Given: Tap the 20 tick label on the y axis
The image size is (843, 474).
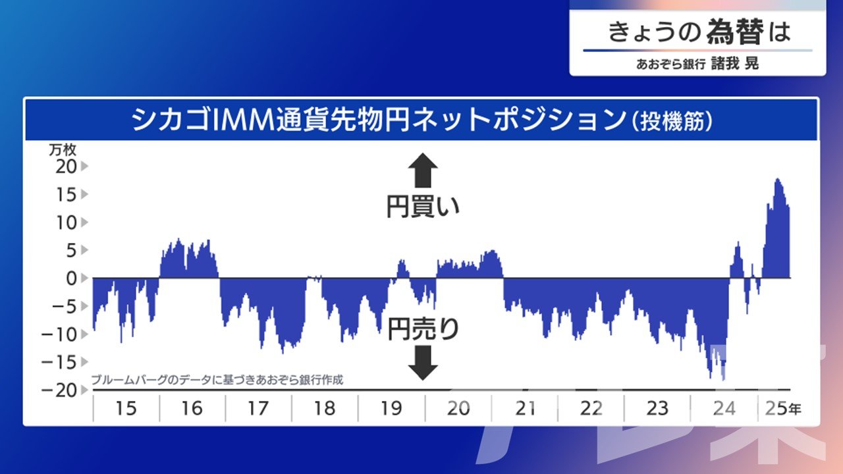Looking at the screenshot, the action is click(67, 167).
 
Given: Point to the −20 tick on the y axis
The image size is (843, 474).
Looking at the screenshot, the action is click(59, 390).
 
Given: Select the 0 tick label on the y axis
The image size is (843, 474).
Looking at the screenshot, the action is click(72, 278).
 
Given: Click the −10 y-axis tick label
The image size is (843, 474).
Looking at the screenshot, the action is click(59, 334).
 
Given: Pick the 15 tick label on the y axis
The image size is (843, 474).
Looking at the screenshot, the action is click(67, 194).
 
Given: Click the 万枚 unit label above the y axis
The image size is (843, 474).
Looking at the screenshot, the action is click(63, 149).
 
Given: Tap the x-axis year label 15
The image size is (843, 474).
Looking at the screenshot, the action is click(126, 408).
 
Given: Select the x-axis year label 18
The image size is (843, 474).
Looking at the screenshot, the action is click(325, 408).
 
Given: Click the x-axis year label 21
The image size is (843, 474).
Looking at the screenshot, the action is click(525, 408).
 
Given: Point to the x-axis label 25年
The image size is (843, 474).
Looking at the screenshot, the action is click(783, 408).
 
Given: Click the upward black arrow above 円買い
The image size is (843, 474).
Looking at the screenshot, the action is click(423, 170).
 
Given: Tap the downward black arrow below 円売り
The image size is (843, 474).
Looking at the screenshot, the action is click(423, 363).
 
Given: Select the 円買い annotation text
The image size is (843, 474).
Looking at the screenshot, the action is click(423, 207).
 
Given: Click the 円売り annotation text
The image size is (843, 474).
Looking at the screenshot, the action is click(423, 329).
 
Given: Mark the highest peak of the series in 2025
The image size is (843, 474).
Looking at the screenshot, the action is click(778, 179).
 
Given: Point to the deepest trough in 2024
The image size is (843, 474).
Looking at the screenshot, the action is click(724, 380).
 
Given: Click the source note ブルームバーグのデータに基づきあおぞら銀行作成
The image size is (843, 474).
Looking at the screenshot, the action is click(217, 380).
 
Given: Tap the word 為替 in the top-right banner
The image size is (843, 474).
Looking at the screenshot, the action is click(734, 32).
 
